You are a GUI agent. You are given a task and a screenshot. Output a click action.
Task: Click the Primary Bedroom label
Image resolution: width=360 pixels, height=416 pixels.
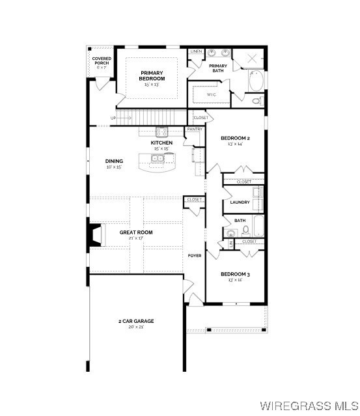(x=152, y=76)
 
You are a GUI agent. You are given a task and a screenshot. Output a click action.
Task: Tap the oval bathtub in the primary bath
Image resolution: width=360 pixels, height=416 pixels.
(x=256, y=81)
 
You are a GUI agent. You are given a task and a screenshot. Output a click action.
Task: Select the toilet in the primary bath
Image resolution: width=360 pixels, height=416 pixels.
(x=258, y=101)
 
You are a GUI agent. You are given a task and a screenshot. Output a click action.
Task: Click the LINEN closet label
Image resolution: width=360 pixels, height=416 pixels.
(x=195, y=51)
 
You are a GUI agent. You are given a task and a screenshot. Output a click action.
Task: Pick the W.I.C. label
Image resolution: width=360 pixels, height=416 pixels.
(x=211, y=94)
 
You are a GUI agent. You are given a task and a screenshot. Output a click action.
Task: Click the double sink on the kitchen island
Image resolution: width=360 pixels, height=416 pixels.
(x=156, y=158)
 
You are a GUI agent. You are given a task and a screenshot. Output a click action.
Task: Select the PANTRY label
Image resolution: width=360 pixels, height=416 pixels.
(x=195, y=129)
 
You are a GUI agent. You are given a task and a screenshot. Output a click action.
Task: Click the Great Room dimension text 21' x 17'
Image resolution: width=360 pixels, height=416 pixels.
(x=136, y=238)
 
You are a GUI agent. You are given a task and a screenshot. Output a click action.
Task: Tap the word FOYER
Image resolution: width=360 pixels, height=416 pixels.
(x=195, y=255)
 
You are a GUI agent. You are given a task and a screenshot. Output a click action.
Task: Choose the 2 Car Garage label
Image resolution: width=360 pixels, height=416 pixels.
(x=136, y=321)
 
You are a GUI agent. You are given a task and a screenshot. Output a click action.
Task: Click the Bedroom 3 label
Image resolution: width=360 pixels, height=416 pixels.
(x=235, y=274)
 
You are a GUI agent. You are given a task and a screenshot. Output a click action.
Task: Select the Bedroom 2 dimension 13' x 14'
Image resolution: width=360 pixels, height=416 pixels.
(x=235, y=144)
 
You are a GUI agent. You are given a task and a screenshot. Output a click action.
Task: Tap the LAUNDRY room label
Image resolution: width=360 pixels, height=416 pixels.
(x=240, y=202)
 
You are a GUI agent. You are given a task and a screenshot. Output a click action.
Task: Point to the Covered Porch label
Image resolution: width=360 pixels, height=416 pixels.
(x=101, y=61)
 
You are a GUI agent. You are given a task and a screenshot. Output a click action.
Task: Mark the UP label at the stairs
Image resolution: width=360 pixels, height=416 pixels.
(x=113, y=118)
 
